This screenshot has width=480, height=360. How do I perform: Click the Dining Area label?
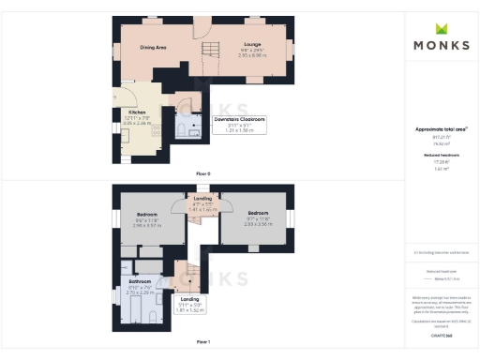click(x=154, y=46)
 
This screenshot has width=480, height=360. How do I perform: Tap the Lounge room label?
click(x=251, y=44)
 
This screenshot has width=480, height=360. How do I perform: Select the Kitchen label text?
click(x=137, y=112)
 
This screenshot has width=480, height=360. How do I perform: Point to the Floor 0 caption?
click(x=203, y=174)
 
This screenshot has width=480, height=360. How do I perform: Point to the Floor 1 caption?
click(x=203, y=341)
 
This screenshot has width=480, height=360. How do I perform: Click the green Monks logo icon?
click(x=440, y=29)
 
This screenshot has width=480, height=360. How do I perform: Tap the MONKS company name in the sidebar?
click(x=440, y=45)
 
